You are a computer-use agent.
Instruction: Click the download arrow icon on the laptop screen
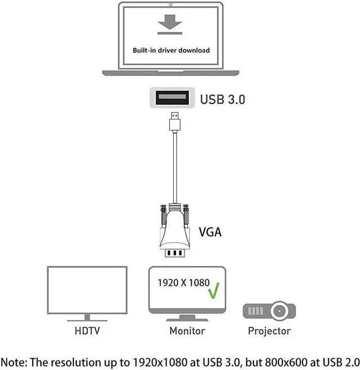click(x=171, y=24)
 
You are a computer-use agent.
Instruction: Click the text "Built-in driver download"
click(x=171, y=50)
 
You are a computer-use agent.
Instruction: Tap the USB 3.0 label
click(x=223, y=100)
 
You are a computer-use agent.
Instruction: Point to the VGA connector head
click(x=174, y=231)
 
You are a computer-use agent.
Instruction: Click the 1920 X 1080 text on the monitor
click(x=183, y=283)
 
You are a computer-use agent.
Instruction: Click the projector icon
click(x=269, y=310)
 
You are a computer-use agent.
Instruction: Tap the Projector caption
click(x=269, y=331)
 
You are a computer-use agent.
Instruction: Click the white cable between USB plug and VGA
click(x=174, y=169)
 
